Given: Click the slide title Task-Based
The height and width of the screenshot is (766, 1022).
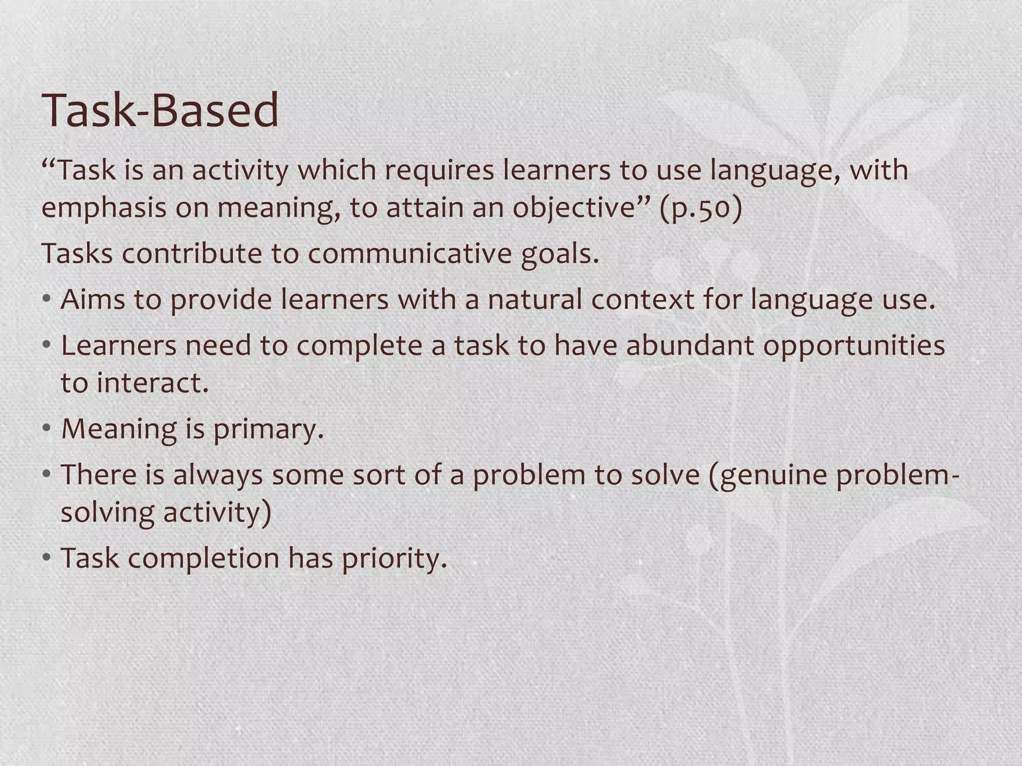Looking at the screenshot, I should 161,111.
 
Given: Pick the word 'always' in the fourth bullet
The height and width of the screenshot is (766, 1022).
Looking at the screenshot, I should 218,475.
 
